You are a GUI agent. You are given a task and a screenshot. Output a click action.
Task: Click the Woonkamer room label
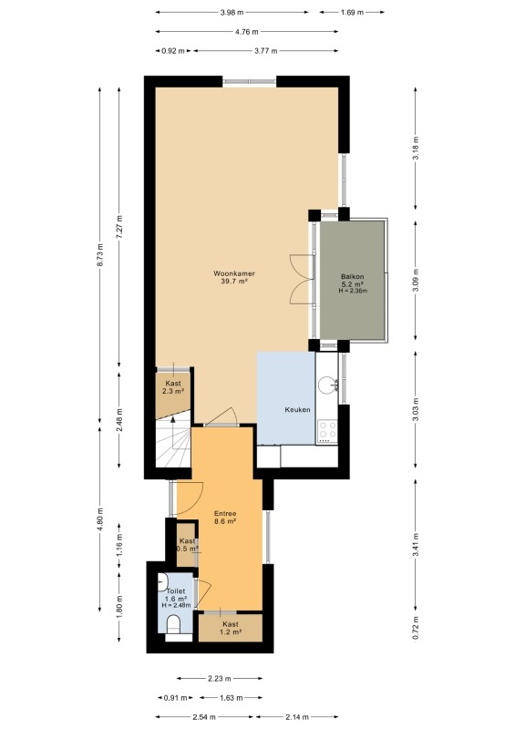pos(234,273)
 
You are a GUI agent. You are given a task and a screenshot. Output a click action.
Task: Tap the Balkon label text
pos(352,277)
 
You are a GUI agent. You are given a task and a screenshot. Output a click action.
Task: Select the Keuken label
pos(297,409)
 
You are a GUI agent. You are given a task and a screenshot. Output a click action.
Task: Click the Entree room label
pos(225,513)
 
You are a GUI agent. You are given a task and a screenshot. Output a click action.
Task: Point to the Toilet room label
pos(176,590)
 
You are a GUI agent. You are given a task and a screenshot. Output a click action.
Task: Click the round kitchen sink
pos(327,385)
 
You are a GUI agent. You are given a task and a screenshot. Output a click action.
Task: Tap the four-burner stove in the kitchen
pos(327,431)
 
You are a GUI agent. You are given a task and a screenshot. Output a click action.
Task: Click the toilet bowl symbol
pos(173,624)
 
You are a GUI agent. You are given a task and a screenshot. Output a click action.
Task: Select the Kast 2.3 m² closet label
pos(173,387)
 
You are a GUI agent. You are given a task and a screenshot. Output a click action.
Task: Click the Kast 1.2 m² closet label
pos(231,628)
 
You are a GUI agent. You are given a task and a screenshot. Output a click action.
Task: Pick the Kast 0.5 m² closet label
pos(187,544)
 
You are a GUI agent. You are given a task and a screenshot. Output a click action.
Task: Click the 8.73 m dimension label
pos(99,255)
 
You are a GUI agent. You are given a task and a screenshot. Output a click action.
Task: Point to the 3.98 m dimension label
pos(232,13)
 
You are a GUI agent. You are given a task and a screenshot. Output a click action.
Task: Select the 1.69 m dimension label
pos(352,13)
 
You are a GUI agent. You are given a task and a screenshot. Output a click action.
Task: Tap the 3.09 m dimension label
pos(416,280)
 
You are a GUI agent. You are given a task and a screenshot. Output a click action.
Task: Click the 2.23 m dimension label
pos(219,678)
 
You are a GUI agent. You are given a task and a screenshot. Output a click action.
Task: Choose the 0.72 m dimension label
pos(416,628)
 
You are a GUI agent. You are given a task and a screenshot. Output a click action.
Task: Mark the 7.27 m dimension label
pos(119,226)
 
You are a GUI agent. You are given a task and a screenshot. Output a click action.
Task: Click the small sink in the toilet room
pos(162,582)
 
